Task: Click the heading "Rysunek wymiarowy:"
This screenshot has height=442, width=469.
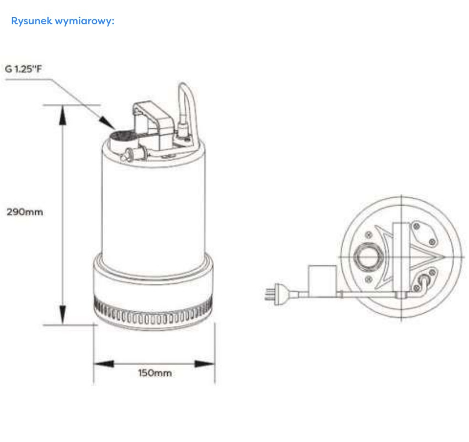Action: pos(63,21)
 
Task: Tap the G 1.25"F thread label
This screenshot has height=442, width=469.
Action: pos(23,69)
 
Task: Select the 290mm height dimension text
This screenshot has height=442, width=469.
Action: pos(25,212)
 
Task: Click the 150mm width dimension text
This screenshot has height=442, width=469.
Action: pos(155,373)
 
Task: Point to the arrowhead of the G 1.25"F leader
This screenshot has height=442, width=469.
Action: pos(107,123)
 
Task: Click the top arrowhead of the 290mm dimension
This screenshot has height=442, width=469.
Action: pos(62,115)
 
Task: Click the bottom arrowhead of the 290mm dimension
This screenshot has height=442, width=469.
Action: pos(62,314)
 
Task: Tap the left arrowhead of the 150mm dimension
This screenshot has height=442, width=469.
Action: pos(104,364)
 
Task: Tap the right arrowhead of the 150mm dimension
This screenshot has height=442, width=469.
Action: pos(205,364)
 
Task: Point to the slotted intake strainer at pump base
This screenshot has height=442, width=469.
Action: pos(153,313)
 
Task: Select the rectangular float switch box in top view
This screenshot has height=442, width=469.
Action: pos(322,280)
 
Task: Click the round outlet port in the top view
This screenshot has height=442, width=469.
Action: pos(367,257)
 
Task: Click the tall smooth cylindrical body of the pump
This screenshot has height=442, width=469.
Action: pos(153,209)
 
